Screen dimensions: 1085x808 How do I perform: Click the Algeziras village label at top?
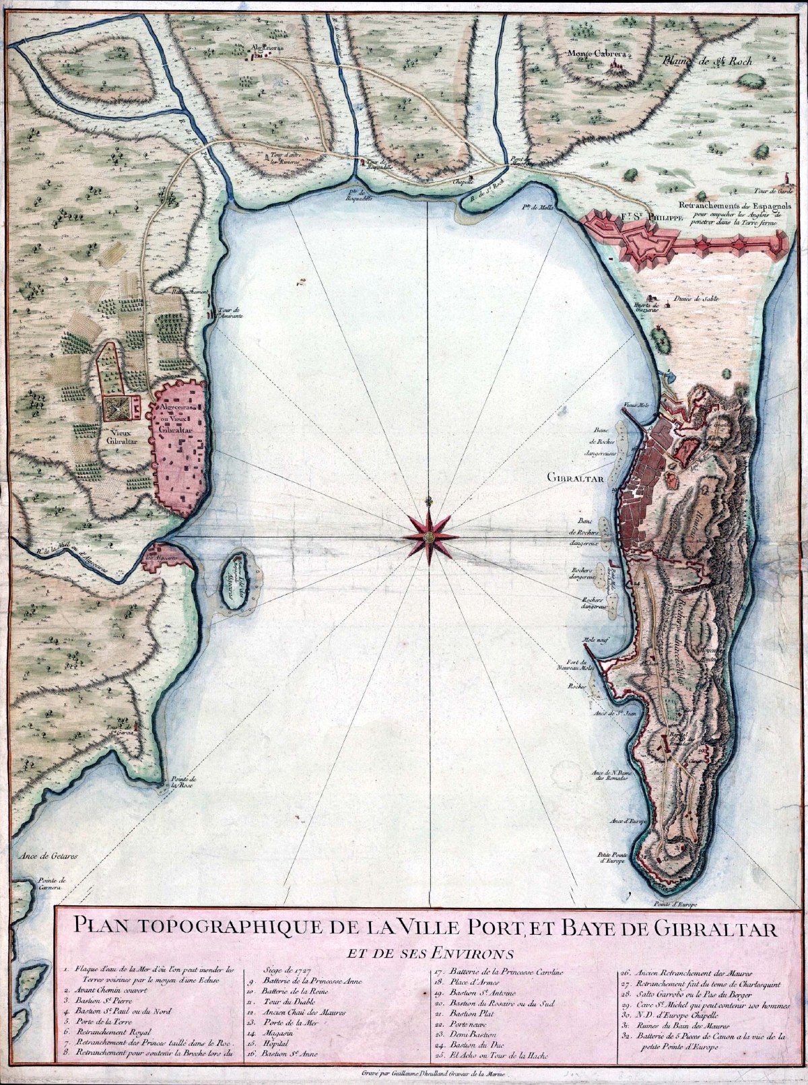point(261,47)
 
